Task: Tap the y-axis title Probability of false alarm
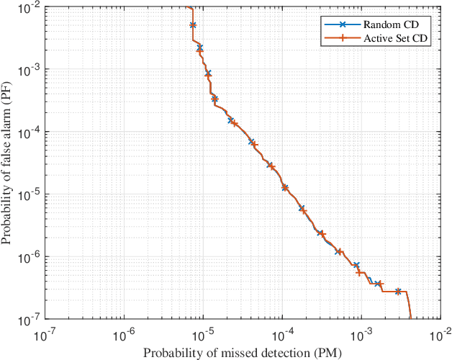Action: click(8, 163)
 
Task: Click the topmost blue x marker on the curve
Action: click(193, 25)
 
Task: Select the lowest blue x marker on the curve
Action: click(398, 292)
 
